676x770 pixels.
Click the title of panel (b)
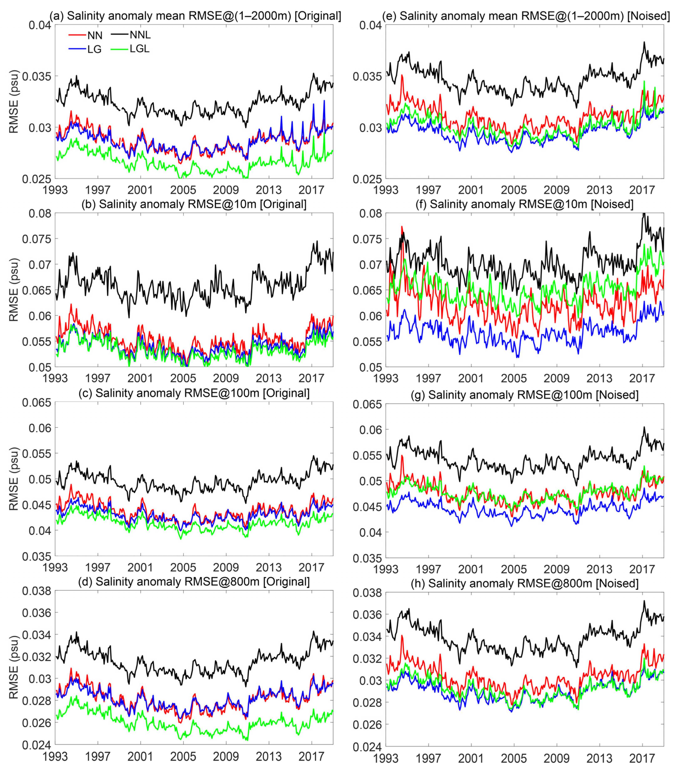(x=194, y=204)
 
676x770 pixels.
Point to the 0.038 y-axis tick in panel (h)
(x=367, y=593)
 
